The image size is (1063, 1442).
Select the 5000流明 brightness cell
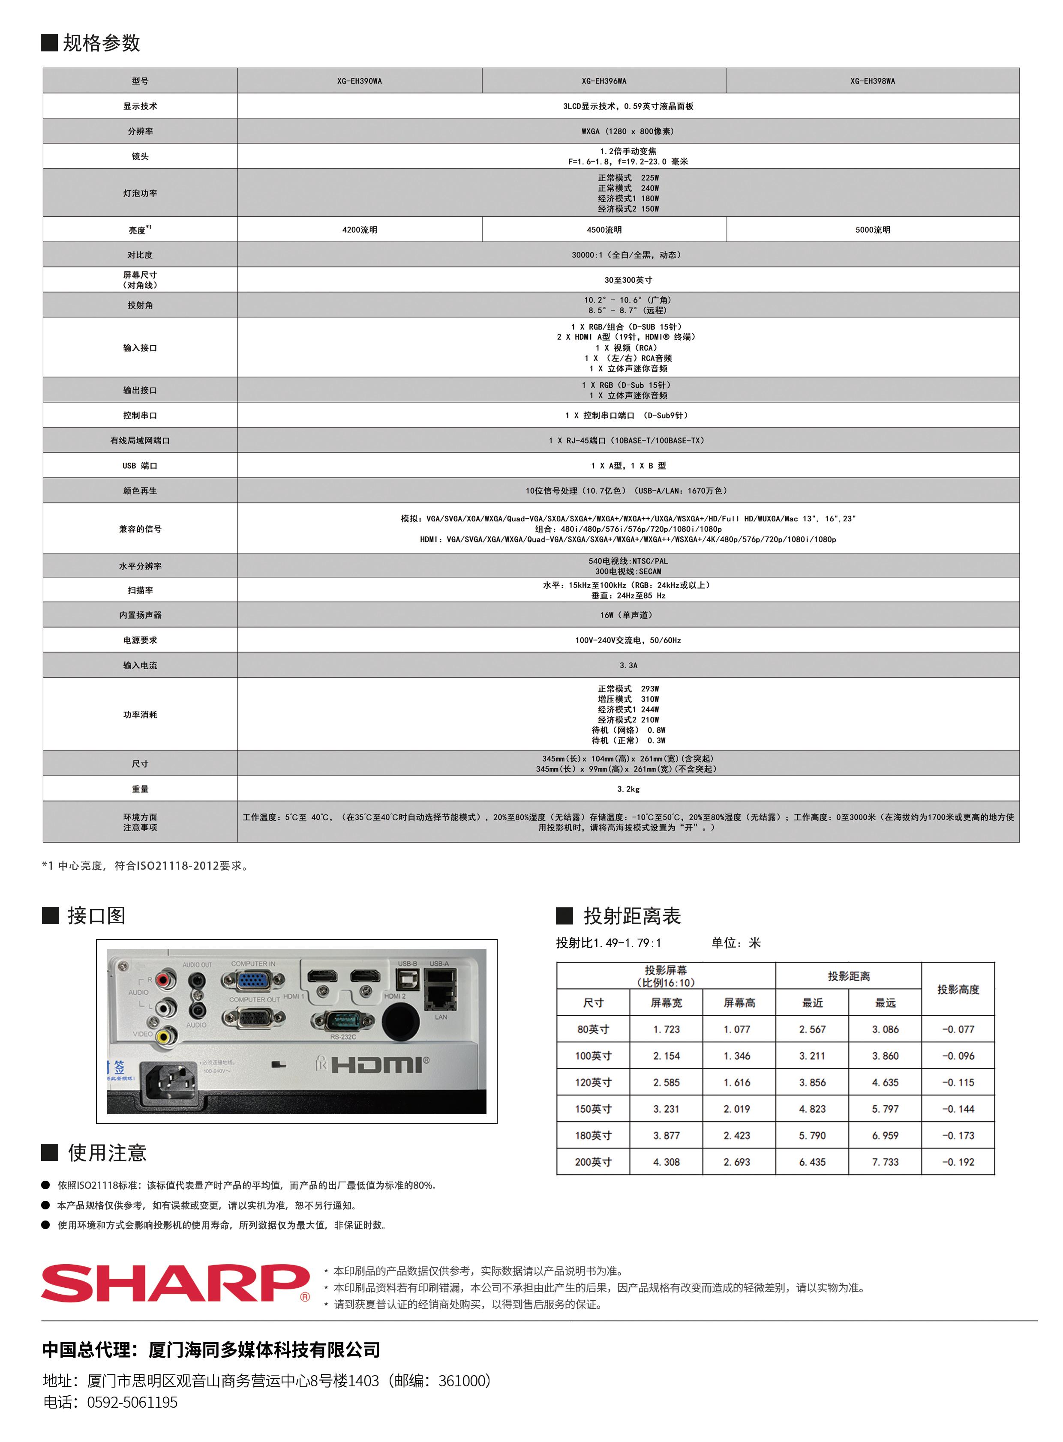(873, 230)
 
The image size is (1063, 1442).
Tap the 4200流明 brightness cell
(360, 230)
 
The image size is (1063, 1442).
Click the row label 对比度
(140, 255)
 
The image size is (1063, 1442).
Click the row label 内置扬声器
(140, 615)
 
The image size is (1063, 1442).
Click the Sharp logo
(175, 1283)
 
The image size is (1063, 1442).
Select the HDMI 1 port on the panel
(322, 976)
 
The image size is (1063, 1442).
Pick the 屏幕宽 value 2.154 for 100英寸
(666, 1056)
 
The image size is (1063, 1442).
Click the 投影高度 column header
(958, 989)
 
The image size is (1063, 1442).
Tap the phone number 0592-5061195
(132, 1402)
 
